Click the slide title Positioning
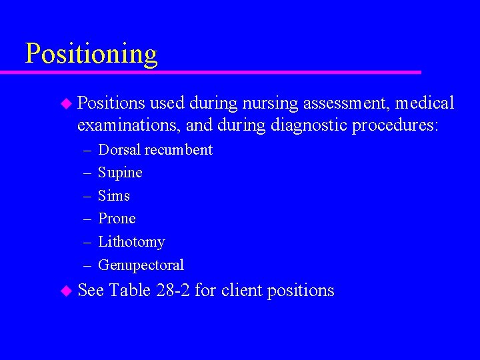coord(91,53)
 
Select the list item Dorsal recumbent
coord(155,150)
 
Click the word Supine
coord(120,173)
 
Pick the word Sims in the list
coord(114,196)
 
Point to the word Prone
coord(117,219)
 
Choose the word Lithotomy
coord(131,242)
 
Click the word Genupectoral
coord(141,265)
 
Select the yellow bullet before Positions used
coord(65,103)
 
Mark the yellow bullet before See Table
coord(65,291)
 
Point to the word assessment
coord(345,103)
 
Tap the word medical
coord(425,103)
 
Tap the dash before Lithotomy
coord(88,242)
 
